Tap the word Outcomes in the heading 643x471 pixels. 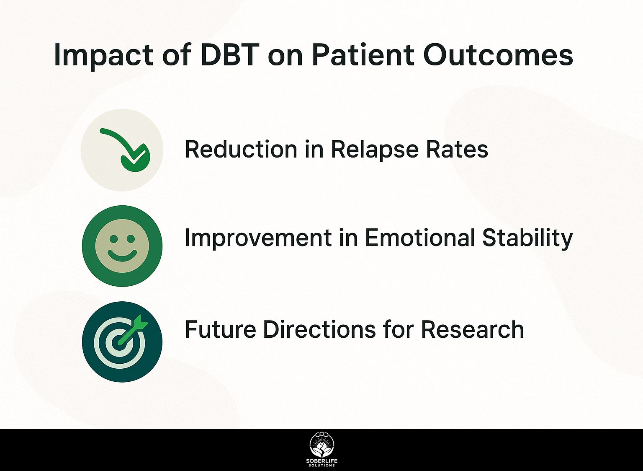[498, 55]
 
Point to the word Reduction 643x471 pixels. [241, 149]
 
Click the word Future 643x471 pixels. [220, 329]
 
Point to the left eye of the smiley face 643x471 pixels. [114, 238]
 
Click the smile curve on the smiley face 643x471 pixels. [122, 256]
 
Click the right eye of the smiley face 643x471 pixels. [131, 238]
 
